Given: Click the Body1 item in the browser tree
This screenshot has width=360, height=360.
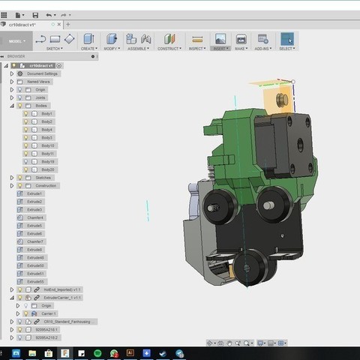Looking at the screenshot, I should [46, 113].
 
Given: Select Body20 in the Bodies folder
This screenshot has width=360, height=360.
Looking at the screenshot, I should [47, 169].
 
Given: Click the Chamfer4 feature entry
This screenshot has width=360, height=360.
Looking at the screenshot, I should [35, 217].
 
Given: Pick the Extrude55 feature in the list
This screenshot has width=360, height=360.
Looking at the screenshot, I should [35, 281].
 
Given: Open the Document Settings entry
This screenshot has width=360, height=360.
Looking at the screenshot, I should [43, 73].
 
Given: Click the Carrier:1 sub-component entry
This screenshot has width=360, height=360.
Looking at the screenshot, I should [50, 313].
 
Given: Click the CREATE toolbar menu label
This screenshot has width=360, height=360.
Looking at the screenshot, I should [88, 49].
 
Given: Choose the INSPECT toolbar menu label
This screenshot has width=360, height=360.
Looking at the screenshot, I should [197, 49].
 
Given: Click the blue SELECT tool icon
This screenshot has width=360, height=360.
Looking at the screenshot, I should [287, 38].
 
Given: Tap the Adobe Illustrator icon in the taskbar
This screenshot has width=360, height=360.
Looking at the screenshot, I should [130, 352].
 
